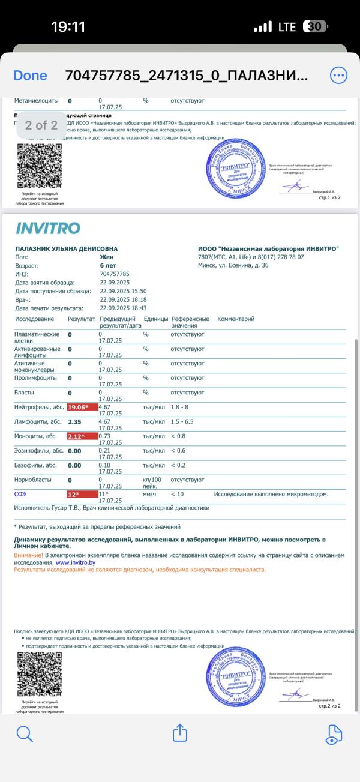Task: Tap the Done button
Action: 30,76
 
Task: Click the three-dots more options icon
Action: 338,76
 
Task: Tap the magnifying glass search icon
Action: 25,733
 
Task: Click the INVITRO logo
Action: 47,228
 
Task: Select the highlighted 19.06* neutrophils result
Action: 82,407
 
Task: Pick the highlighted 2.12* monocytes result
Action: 82,436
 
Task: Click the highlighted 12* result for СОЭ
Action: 82,494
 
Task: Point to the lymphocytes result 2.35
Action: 74,421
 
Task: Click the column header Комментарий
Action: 236,319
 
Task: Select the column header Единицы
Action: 156,319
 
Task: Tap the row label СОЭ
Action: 20,494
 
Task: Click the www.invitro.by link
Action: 76,563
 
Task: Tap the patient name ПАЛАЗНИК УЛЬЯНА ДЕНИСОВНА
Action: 66,249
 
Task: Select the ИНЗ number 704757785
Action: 114,274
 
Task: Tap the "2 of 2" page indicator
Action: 41,125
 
